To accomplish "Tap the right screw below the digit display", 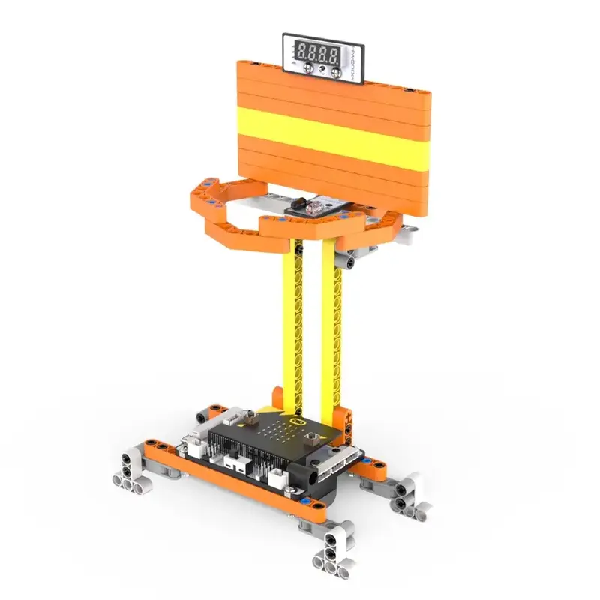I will [336, 72].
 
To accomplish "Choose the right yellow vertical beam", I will [329, 330].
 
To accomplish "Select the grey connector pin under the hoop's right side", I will [349, 259].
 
